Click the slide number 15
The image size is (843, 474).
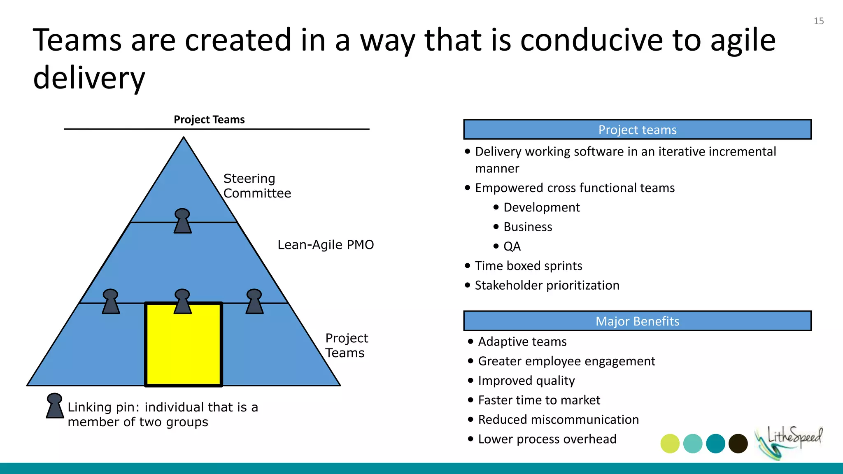(818, 21)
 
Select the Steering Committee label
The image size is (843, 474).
(257, 186)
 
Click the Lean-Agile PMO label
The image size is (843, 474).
(326, 245)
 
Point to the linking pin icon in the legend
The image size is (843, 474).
(54, 406)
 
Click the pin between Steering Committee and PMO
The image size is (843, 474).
(182, 221)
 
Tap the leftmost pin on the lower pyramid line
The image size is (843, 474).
(111, 302)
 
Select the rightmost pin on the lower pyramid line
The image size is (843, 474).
(254, 302)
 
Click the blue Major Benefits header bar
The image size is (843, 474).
(637, 321)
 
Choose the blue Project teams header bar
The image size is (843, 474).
(637, 130)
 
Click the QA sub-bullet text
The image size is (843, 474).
(512, 246)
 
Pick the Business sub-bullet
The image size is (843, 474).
(528, 227)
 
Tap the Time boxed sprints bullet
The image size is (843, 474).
(529, 266)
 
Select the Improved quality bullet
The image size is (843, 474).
(526, 381)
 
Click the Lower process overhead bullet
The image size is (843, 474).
(547, 439)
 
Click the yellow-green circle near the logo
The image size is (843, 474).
(670, 444)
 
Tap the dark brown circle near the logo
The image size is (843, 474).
(738, 444)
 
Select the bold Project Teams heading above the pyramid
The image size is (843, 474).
(209, 120)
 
